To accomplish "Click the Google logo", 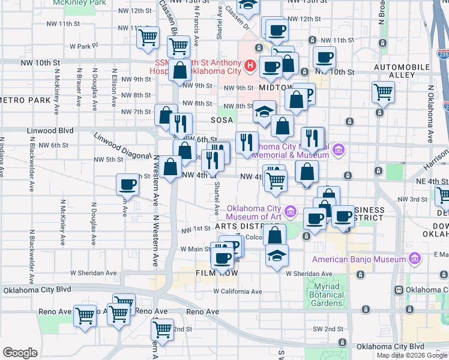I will point(20,353).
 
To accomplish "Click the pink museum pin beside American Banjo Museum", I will point(414,259).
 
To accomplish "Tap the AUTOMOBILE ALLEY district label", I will point(394,70).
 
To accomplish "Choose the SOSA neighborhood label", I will point(221,120).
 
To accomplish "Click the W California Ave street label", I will point(238,292).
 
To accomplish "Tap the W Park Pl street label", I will point(83,46).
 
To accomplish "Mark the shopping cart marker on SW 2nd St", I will point(162,329).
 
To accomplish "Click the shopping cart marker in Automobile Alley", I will point(383,92).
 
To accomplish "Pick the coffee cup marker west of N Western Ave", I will point(127,185).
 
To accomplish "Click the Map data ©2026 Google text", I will point(411,355).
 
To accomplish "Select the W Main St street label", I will point(195,248).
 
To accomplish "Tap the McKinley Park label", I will point(75,3).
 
